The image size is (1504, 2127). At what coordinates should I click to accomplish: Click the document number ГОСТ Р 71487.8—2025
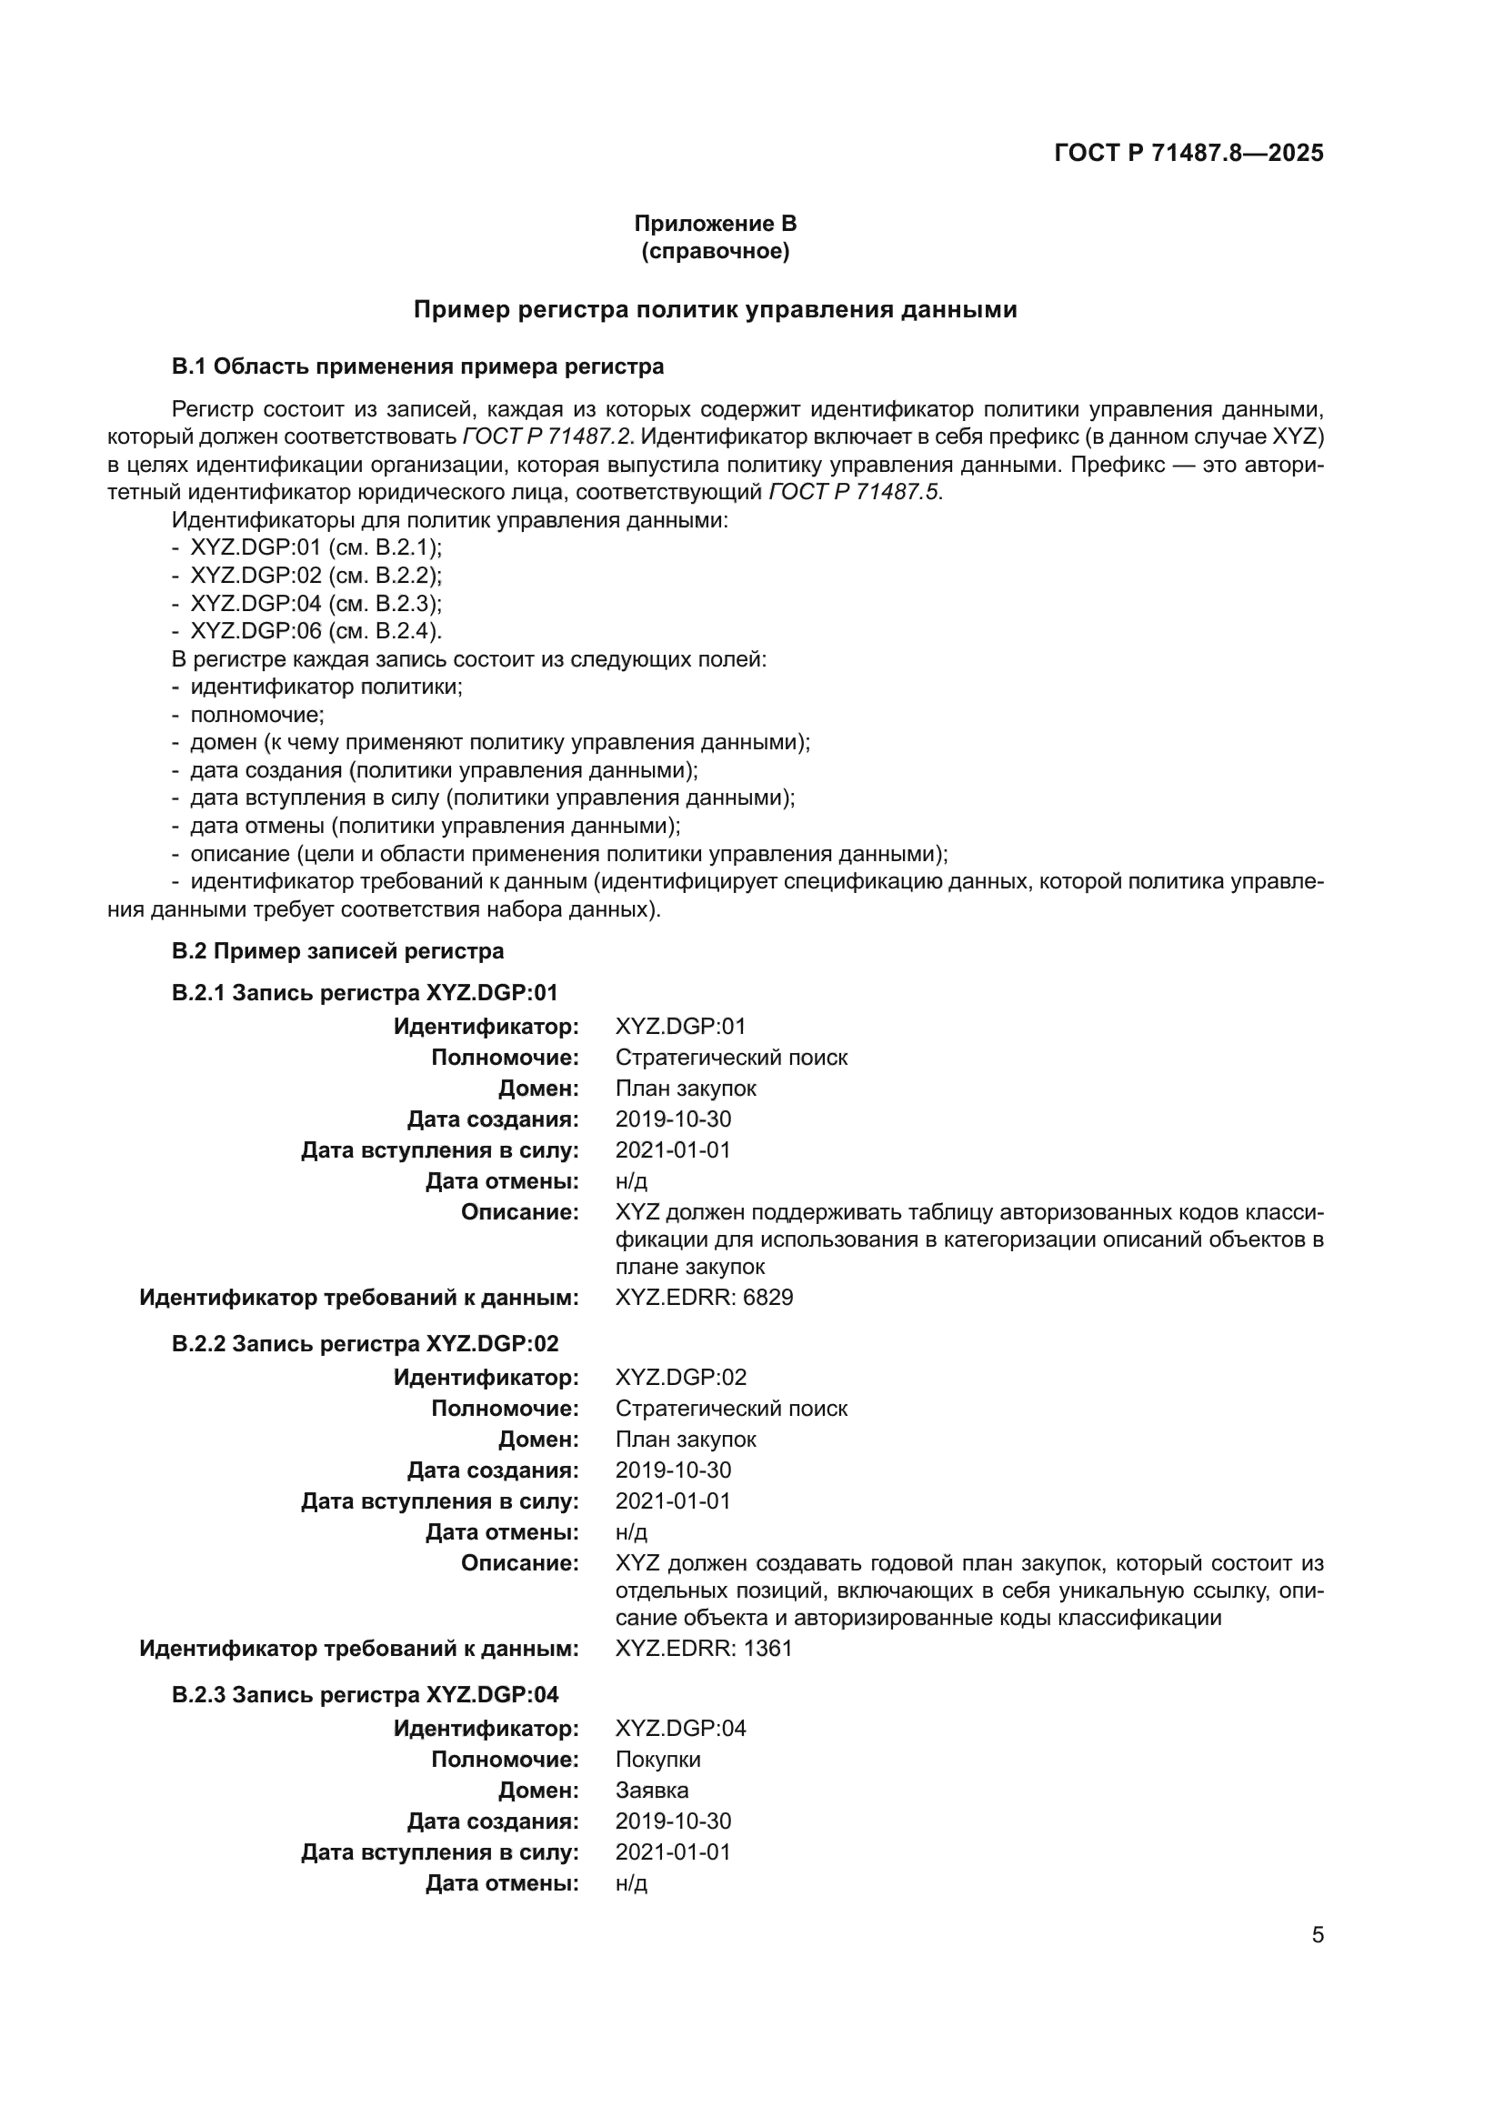pyautogui.click(x=1188, y=154)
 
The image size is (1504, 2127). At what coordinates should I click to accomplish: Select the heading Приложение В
pyautogui.click(x=715, y=224)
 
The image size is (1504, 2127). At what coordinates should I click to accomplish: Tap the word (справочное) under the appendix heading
pyautogui.click(x=715, y=251)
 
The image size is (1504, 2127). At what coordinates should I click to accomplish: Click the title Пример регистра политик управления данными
pyautogui.click(x=715, y=309)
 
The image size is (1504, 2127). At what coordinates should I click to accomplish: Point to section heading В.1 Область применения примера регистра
pyautogui.click(x=417, y=366)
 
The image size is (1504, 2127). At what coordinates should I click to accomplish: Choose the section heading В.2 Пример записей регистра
pyautogui.click(x=338, y=951)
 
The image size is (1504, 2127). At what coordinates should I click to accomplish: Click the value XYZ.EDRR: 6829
pyautogui.click(x=704, y=1298)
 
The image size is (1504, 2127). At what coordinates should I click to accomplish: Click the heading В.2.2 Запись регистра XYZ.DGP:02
pyautogui.click(x=365, y=1344)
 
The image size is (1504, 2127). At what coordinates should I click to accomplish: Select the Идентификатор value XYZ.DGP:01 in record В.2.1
pyautogui.click(x=681, y=1027)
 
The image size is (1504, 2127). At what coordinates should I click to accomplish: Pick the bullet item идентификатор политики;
pyautogui.click(x=326, y=687)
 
